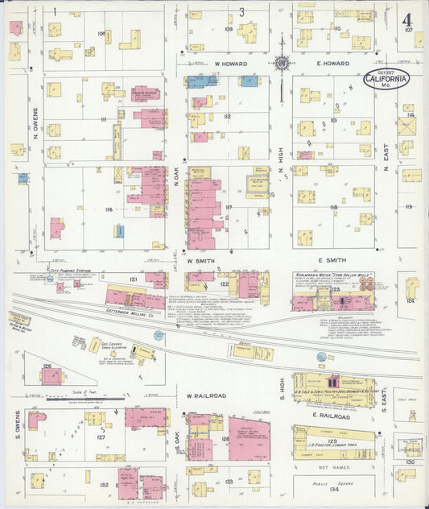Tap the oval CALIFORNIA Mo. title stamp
point(386,79)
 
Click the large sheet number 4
point(408,19)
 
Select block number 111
point(104,119)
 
